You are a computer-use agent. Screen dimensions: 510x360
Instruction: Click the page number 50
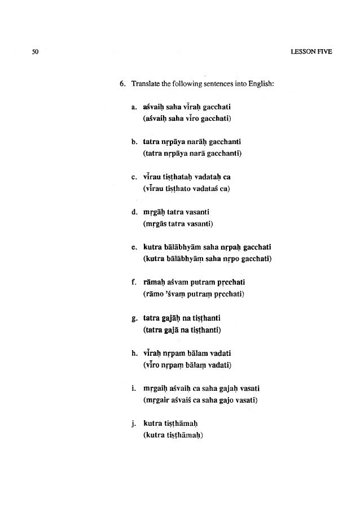click(34, 52)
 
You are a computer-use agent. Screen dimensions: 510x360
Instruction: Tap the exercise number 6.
click(121, 85)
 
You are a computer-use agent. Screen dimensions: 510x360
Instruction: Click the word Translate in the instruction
click(146, 85)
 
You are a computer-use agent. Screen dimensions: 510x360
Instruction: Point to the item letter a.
click(133, 107)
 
